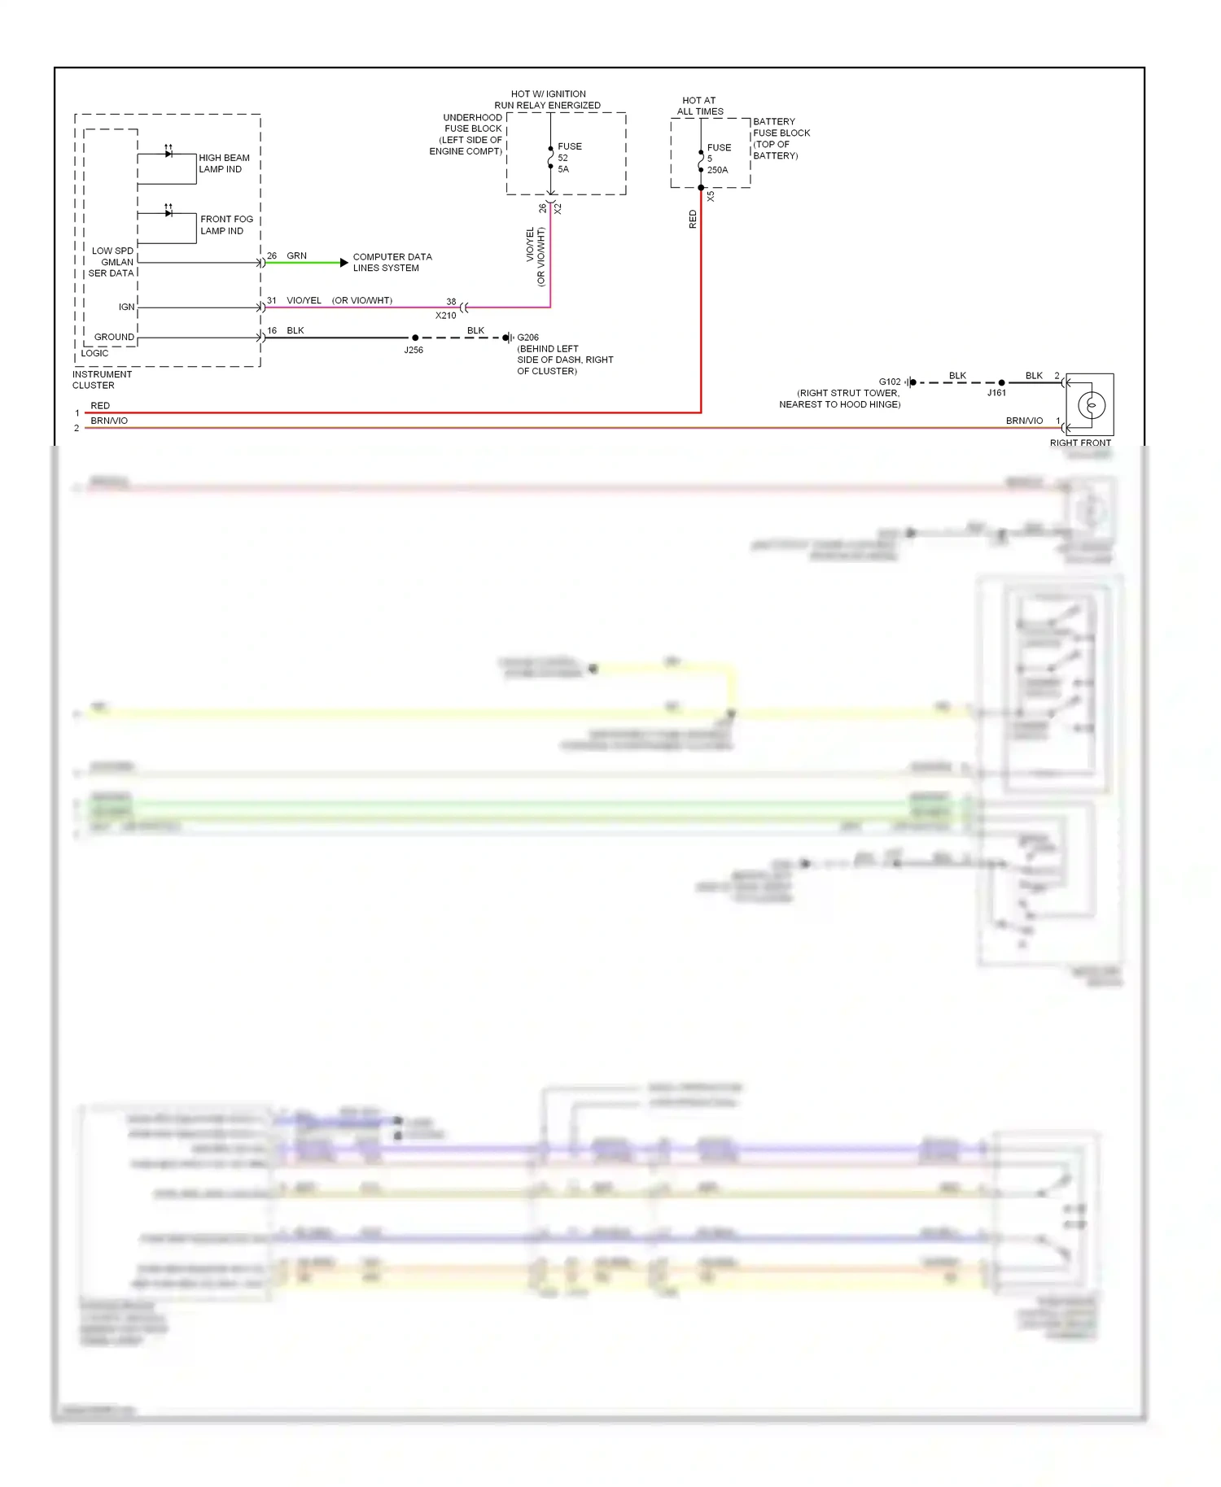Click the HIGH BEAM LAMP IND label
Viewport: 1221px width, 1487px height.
coord(224,164)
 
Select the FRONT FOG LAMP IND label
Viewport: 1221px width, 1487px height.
coord(226,225)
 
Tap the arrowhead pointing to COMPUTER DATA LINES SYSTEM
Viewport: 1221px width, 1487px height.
coord(344,263)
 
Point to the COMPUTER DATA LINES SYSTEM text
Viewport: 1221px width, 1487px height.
coord(392,262)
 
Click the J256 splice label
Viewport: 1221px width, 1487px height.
coord(414,351)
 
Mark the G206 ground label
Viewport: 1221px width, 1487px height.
coord(527,338)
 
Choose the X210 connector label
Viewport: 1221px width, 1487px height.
coord(445,316)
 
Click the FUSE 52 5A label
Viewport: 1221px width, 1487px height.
coord(568,158)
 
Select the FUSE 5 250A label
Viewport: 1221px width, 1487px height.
coord(718,159)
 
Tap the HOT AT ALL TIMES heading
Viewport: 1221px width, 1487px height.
coord(700,106)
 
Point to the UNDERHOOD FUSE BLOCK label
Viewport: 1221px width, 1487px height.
coord(467,134)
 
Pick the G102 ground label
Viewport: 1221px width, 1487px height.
coord(890,382)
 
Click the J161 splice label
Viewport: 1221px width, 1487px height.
coord(996,393)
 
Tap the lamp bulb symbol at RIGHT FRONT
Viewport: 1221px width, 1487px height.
coord(1091,404)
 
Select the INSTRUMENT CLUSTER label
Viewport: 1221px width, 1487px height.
coord(101,380)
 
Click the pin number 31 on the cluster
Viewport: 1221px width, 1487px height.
coord(272,301)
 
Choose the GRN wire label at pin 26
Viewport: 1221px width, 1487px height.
coord(296,256)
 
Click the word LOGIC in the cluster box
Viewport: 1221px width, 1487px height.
coord(94,353)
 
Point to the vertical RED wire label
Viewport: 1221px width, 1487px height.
coord(693,219)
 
